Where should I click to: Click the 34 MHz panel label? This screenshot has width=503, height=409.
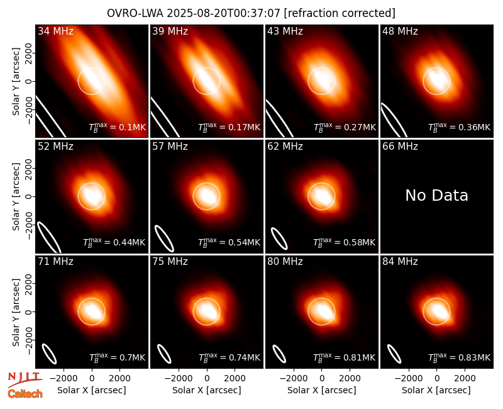coord(55,31)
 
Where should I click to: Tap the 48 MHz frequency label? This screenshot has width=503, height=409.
coord(400,31)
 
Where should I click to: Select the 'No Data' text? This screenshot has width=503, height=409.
coord(436,195)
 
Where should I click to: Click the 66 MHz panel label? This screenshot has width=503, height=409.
coord(400,147)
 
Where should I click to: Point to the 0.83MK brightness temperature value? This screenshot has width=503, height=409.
coord(460,357)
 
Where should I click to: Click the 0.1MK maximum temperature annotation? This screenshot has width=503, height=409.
coord(118,127)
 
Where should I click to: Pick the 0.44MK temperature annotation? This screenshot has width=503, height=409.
coord(114,242)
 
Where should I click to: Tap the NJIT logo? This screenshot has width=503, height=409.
coord(25,379)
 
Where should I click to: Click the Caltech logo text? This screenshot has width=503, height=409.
coord(25,394)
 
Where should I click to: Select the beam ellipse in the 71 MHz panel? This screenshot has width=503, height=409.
coord(50,354)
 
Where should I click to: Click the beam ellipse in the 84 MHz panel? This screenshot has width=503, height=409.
coord(394,354)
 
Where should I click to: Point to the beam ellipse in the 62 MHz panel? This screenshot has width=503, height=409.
coord(279,238)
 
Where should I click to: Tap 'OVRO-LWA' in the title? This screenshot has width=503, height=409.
coord(135,13)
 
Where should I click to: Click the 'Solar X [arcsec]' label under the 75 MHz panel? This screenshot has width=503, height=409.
coord(207,390)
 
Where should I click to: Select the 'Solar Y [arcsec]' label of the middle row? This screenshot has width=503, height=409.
coord(16,196)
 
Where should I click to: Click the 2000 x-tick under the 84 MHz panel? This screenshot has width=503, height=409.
coord(465,379)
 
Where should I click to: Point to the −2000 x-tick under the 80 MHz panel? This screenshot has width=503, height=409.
coord(294,379)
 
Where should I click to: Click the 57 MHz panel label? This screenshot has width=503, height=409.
coord(170,147)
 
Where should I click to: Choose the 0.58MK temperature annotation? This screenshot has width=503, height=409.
coord(344,242)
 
